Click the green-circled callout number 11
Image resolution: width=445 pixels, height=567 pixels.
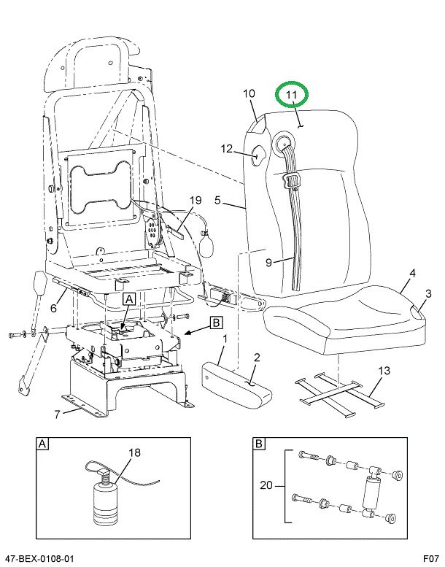coord(291,95)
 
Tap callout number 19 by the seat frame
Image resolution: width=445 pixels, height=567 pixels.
coord(196,200)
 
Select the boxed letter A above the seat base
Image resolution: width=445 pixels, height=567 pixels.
coord(129,299)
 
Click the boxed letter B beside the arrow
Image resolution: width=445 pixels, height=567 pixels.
coord(216,323)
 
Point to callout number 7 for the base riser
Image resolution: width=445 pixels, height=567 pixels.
coord(57,414)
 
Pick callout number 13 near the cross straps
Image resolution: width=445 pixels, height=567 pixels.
coord(384,370)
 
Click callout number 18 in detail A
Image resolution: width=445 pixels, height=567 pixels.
coord(135,452)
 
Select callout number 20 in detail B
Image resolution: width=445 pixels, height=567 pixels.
coord(266,485)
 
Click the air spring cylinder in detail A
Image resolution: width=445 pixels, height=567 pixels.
coord(105,504)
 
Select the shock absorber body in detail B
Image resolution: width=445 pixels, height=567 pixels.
coord(371,494)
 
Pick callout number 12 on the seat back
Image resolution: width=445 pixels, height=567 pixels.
coord(227,149)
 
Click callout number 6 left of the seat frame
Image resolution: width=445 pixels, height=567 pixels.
coord(53,308)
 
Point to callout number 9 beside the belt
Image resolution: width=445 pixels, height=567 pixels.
coord(268,262)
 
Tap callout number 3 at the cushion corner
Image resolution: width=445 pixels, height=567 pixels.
coord(428,293)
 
